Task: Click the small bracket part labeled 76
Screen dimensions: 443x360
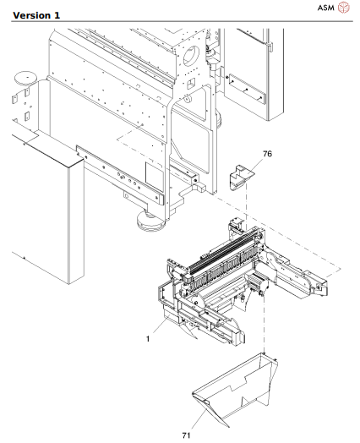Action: click(239, 178)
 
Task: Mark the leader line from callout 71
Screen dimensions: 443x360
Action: click(196, 419)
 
